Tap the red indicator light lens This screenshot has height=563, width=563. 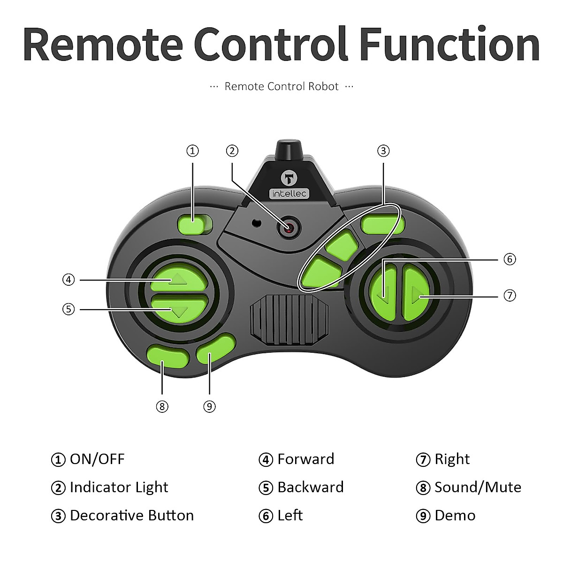289,227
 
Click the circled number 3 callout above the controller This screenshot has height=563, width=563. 383,151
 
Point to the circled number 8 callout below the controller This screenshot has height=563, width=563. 162,406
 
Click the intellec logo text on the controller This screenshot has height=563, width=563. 289,193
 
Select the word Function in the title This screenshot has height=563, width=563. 449,45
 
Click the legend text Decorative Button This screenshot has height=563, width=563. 131,516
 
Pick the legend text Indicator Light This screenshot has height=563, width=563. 119,487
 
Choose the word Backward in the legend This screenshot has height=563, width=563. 310,487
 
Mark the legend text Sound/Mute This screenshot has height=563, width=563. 478,487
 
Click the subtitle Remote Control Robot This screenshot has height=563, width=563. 281,87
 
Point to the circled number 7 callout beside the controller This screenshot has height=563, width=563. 510,296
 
